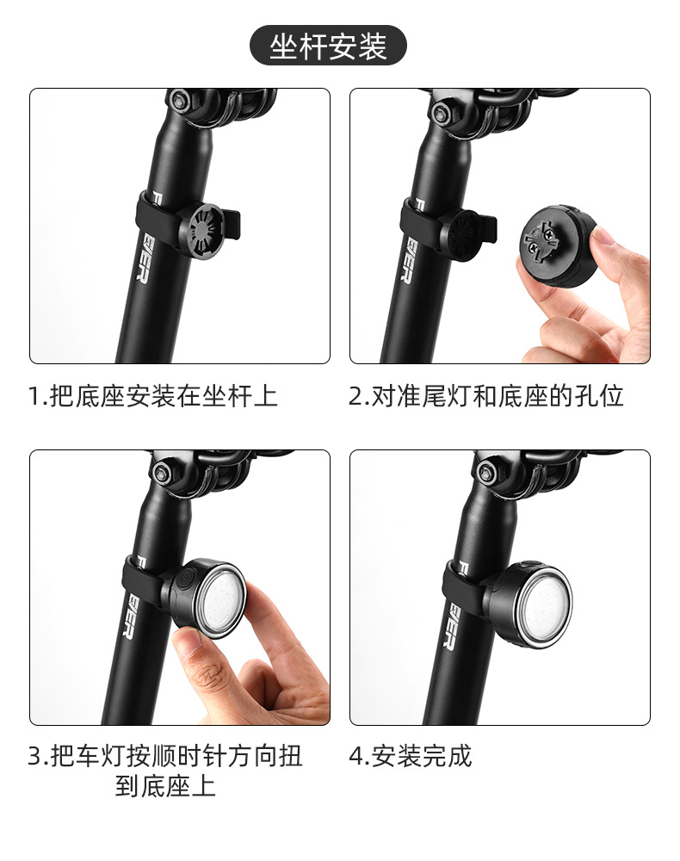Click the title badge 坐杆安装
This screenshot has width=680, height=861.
(328, 46)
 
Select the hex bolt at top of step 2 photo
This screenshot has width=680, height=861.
(446, 110)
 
